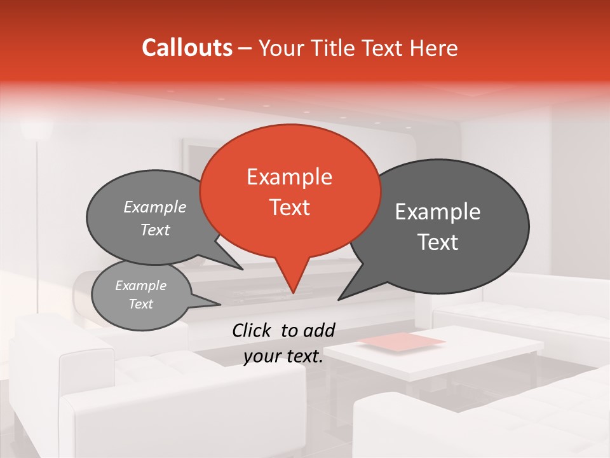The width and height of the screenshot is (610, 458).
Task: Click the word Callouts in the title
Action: (x=187, y=48)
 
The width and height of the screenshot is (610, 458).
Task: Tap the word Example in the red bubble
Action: (x=289, y=177)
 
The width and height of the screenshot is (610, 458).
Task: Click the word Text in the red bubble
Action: (x=290, y=207)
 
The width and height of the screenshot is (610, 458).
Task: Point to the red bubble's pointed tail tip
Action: (x=293, y=293)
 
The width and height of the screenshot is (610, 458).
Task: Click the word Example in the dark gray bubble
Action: (x=438, y=212)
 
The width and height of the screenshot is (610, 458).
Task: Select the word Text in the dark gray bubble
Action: (x=438, y=242)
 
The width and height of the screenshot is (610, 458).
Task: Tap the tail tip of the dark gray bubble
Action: (x=339, y=299)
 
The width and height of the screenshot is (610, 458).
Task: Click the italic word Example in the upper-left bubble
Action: (x=155, y=207)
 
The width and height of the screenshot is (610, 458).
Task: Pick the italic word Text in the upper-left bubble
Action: (x=155, y=230)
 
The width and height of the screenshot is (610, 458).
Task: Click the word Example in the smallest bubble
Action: (x=141, y=286)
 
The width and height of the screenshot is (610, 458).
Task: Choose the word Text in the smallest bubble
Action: (x=141, y=304)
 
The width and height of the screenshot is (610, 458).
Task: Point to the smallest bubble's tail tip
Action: (x=220, y=304)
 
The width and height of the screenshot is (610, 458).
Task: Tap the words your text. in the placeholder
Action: (x=283, y=356)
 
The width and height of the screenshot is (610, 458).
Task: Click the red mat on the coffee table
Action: (x=402, y=342)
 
